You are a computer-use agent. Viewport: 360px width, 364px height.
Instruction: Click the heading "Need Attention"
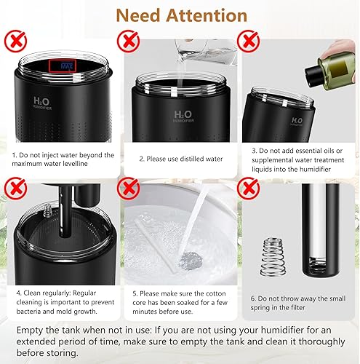tap(180, 15)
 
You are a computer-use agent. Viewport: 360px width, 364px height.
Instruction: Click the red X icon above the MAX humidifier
tap(14, 39)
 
